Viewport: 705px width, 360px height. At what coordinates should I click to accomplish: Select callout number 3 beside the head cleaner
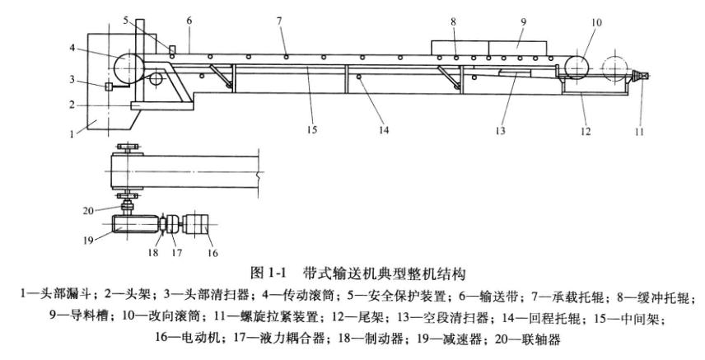pos(72,79)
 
